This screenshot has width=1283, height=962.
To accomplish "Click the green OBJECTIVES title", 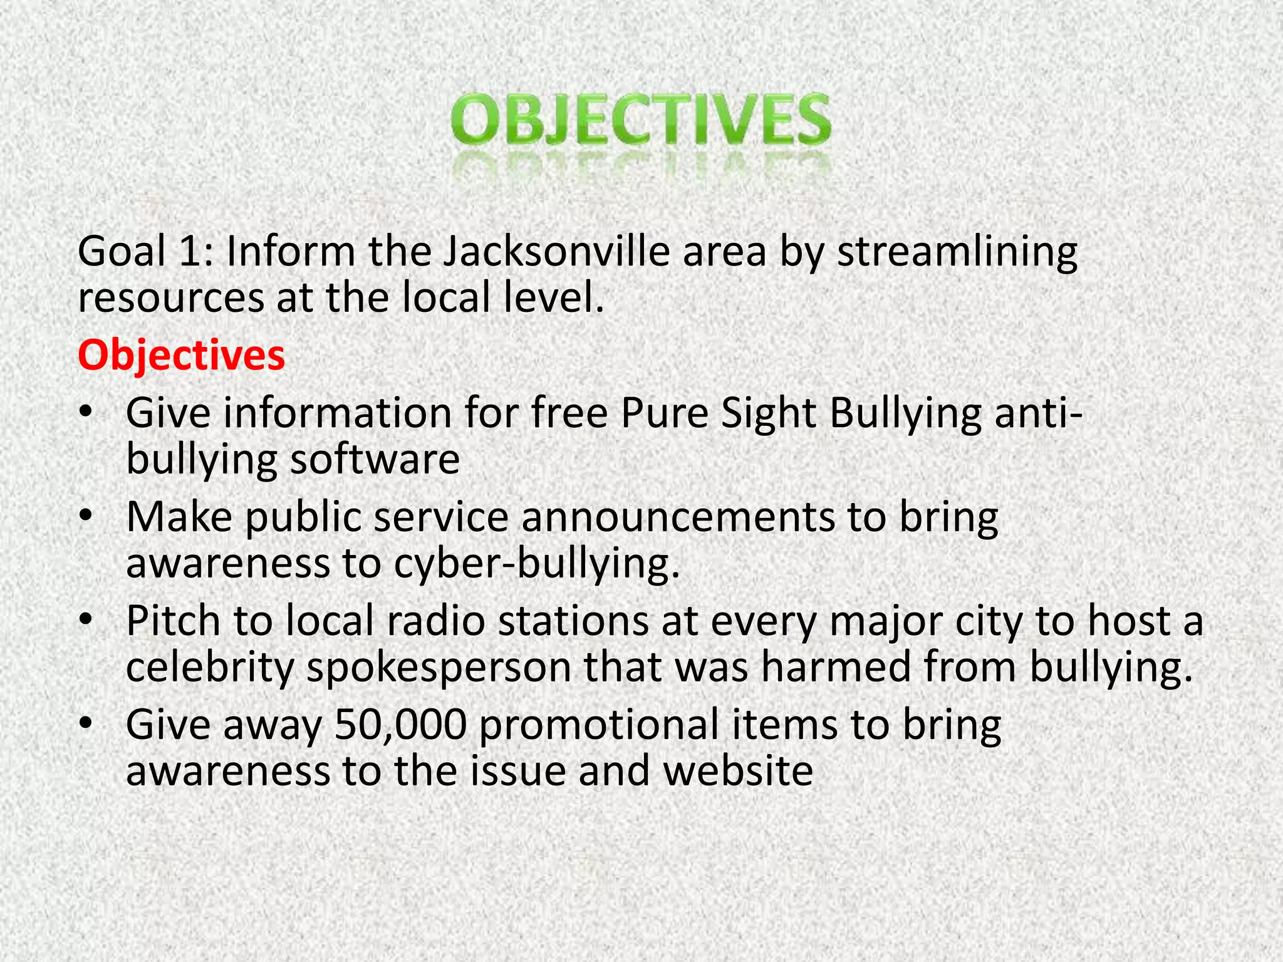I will click(641, 119).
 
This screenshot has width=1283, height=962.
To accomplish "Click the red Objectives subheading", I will click(181, 355).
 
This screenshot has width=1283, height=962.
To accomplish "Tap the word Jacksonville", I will click(556, 251).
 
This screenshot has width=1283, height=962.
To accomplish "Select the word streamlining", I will click(957, 252).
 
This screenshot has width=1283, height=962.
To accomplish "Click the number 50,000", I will click(401, 724).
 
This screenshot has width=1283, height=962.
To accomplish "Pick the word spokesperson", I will click(439, 668).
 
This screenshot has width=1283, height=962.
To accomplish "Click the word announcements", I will click(678, 517).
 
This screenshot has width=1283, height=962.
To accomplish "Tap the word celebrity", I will click(209, 668).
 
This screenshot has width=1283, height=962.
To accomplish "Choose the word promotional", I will click(598, 724).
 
